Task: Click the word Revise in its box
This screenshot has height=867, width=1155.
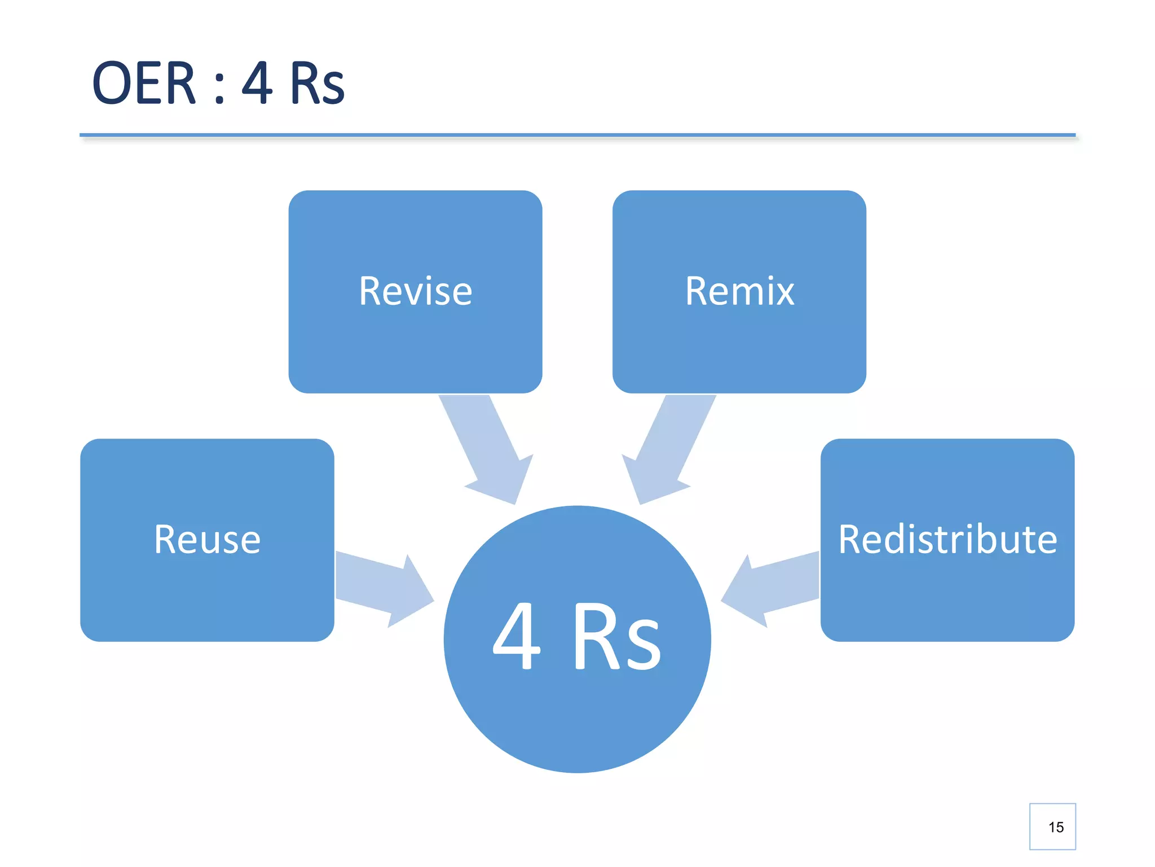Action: coord(416,292)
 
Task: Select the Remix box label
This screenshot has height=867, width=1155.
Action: coord(739,292)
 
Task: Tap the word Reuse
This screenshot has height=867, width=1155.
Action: coord(207,540)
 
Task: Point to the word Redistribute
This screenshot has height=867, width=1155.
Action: coord(947,540)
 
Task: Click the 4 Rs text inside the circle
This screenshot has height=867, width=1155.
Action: coord(576,636)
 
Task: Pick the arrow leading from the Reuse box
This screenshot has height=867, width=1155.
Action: coord(384,589)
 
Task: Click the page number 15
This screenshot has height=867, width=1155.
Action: coord(1056,827)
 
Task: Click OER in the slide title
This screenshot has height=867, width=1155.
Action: coord(144,84)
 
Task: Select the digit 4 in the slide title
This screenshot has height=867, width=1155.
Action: coord(257,84)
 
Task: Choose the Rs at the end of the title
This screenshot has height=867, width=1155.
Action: coord(318,84)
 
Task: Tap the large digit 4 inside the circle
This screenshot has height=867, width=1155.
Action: coord(517,636)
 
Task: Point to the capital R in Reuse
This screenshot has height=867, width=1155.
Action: coord(167,540)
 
